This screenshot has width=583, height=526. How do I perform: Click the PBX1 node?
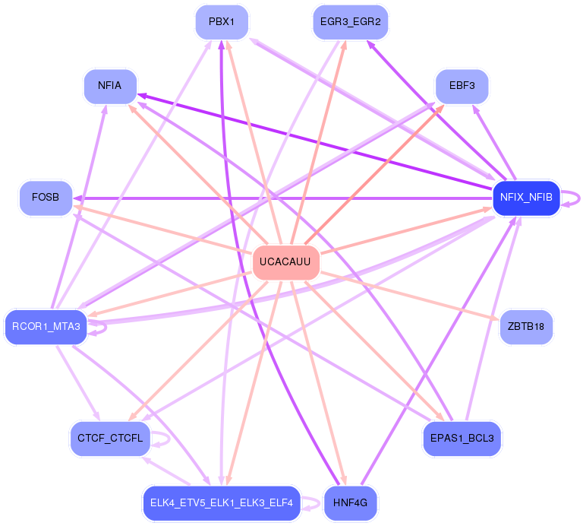pos(222,22)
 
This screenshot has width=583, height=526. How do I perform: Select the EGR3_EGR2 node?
pos(350,22)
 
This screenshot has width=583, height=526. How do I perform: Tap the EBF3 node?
pos(462,86)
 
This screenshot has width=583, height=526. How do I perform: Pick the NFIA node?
pos(110,86)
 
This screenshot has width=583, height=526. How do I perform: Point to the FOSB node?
pos(46,198)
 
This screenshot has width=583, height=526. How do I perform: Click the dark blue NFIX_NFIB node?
pos(526,198)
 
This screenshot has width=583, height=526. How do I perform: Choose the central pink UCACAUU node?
pos(285,262)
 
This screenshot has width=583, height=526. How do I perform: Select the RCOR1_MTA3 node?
pos(46,327)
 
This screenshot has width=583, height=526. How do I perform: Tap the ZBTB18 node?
pos(526,327)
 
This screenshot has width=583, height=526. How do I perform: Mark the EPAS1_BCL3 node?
pos(462,439)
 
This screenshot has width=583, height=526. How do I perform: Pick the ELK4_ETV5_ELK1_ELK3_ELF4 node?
pos(221,502)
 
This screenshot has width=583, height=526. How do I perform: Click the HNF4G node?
pos(350,502)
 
